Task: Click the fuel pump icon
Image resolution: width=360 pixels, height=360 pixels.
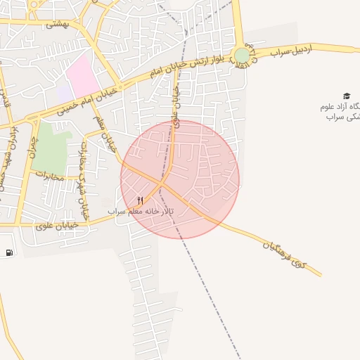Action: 8,253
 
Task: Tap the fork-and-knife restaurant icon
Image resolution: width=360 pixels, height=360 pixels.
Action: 141,200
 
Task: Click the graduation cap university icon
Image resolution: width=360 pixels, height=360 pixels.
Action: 346,96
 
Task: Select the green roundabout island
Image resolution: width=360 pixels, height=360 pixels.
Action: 242,55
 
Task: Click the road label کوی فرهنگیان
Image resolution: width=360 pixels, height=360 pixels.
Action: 285,255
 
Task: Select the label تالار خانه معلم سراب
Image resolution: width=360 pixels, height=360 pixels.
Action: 116,211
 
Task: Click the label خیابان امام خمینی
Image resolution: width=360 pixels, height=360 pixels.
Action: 68,103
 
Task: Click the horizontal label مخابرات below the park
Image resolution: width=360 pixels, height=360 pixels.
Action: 49,176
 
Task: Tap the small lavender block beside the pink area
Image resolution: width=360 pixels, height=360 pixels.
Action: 65,92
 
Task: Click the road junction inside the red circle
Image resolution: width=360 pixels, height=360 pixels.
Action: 163,184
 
